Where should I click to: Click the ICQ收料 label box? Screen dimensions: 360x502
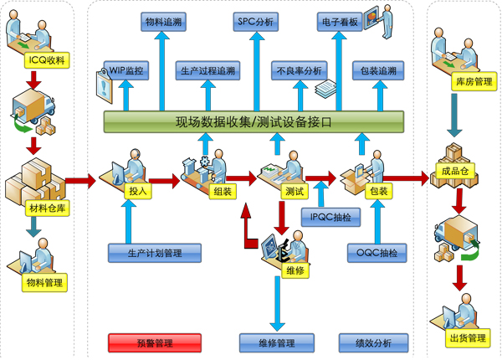[34, 59]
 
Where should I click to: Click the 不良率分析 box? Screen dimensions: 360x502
[299, 71]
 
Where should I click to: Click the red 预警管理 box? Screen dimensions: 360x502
[154, 342]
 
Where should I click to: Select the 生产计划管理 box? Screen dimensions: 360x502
[155, 251]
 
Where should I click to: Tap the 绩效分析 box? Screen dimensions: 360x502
[373, 342]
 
